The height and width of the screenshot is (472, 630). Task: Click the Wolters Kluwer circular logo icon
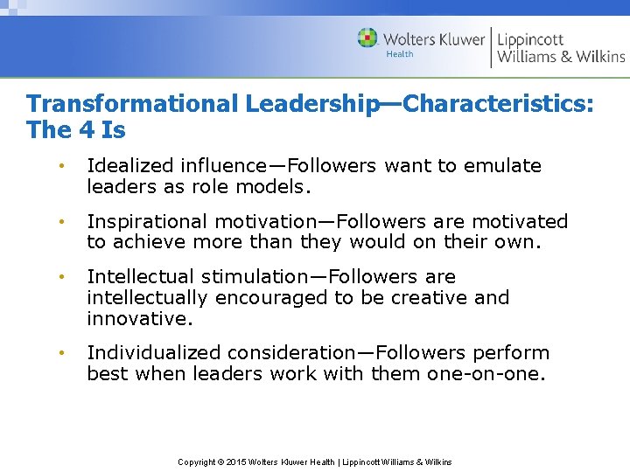(x=367, y=38)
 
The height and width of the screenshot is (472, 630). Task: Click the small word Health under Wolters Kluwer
(x=400, y=54)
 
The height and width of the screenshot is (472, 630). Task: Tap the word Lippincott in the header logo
(x=531, y=39)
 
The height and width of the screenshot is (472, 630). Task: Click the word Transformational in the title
(x=132, y=103)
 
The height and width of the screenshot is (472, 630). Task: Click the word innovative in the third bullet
(x=136, y=318)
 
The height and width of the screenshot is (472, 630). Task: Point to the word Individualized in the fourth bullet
(x=154, y=352)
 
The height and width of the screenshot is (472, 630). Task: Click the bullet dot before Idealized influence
(x=61, y=166)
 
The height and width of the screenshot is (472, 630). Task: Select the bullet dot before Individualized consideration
(x=61, y=353)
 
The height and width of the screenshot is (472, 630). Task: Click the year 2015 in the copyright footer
(x=237, y=462)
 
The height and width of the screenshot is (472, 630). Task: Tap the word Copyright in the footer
(x=196, y=462)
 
